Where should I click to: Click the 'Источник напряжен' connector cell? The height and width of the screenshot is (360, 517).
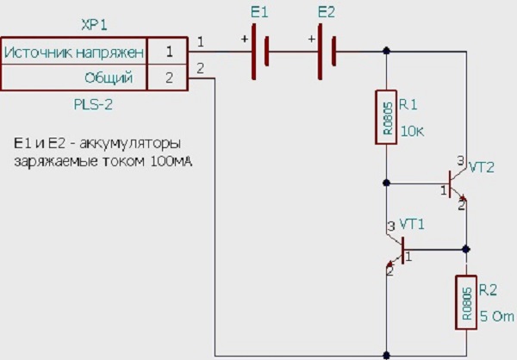[x=74, y=53]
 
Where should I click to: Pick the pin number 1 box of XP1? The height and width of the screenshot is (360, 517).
[x=169, y=53]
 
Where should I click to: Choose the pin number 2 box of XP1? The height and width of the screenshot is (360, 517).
[x=169, y=78]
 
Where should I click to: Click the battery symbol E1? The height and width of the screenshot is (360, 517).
[x=260, y=52]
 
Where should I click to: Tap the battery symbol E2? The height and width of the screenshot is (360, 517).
[x=327, y=52]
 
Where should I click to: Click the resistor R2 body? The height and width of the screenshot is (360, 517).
[x=465, y=301]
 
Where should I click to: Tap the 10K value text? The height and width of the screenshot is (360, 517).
[x=414, y=132]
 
